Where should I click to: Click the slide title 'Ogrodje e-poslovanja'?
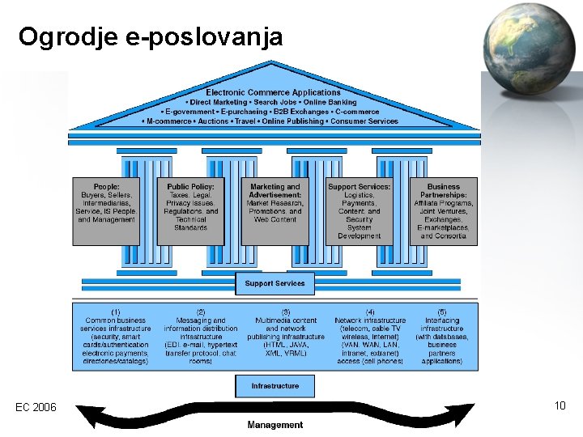click(x=151, y=37)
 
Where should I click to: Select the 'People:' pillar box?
click(x=107, y=203)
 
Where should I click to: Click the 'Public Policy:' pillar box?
click(x=191, y=207)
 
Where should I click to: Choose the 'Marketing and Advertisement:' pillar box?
click(x=275, y=203)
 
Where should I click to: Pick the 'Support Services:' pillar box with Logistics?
click(x=360, y=211)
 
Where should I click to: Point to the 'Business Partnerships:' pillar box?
click(x=444, y=211)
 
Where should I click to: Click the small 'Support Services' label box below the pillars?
click(x=275, y=284)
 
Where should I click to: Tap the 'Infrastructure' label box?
click(x=275, y=386)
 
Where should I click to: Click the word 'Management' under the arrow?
click(x=275, y=425)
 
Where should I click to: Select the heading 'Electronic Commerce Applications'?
click(x=273, y=93)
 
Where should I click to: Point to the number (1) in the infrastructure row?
click(x=116, y=312)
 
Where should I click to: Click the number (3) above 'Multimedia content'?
click(x=286, y=312)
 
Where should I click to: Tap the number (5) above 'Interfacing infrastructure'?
click(x=442, y=312)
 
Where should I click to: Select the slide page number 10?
click(x=560, y=405)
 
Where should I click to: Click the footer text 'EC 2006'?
click(x=36, y=407)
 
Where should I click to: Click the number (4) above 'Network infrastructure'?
click(x=370, y=312)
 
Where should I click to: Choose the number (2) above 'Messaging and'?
click(x=201, y=312)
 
